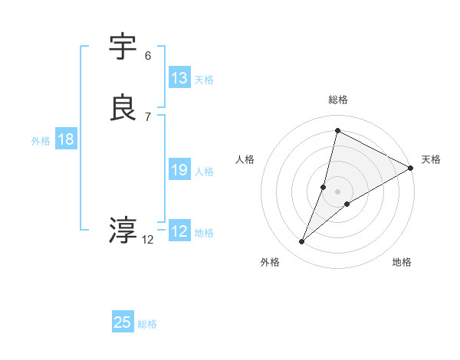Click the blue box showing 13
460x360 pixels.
coord(179,78)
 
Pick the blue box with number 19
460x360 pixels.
coord(179,170)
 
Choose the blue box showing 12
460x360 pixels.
coord(179,231)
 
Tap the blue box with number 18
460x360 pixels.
coord(66,139)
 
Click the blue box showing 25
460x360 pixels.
coord(123,322)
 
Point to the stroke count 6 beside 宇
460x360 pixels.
coord(148,56)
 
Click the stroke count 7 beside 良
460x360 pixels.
coord(148,116)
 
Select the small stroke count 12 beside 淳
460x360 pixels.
coord(148,239)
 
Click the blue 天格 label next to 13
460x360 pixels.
coord(204,80)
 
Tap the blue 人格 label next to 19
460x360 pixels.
coord(204,172)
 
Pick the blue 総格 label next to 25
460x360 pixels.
coord(147,324)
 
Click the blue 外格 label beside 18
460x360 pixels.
coord(41,141)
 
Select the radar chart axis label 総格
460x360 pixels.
coord(338,100)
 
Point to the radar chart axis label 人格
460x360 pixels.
coord(245,159)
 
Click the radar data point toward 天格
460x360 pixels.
coord(411,168)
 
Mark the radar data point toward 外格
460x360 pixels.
coord(301,242)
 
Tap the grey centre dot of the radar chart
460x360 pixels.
coord(338,191)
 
